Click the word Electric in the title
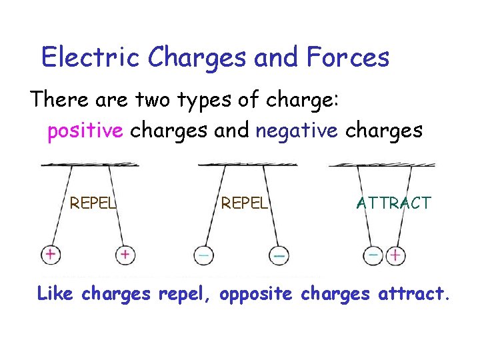(x=91, y=58)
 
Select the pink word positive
(x=85, y=131)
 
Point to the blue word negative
(x=297, y=131)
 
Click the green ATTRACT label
(x=394, y=203)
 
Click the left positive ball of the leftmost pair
(x=50, y=254)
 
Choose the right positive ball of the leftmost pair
(x=125, y=254)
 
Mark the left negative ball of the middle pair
(x=203, y=255)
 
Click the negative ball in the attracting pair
(x=374, y=255)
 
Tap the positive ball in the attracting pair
(x=396, y=255)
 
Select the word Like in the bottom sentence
(x=56, y=293)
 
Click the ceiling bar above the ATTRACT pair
(x=382, y=164)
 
